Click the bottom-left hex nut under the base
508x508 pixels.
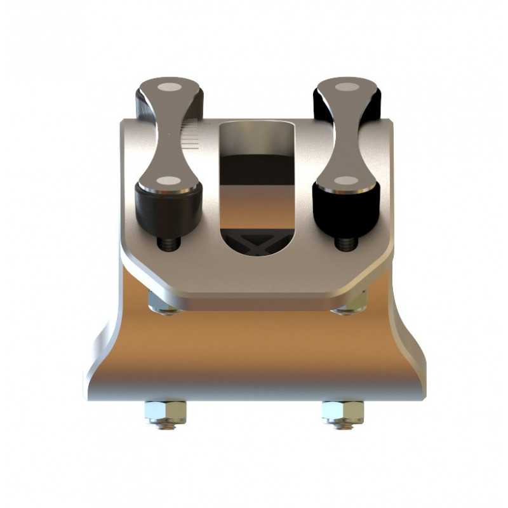pos(165,413)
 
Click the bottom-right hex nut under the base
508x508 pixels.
pos(342,413)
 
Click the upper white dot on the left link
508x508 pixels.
pos(169,87)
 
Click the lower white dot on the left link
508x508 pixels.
pos(168,181)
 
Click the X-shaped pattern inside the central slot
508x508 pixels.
pos(257,244)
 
